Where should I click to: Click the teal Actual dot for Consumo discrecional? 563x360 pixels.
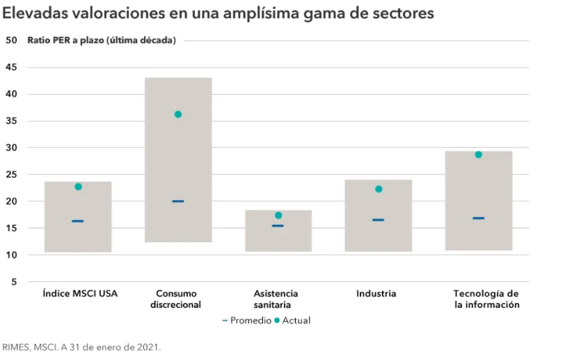tap(177, 114)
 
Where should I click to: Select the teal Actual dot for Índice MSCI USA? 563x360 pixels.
tap(78, 187)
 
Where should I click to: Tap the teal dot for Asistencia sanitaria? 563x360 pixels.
tap(278, 215)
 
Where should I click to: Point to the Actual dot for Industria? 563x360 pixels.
tap(379, 189)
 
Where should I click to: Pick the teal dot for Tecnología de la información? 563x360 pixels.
tap(478, 155)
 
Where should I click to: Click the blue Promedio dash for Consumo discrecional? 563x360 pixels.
tap(178, 201)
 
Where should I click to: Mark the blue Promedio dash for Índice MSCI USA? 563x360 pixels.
tap(78, 221)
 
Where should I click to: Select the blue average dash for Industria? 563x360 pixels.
tap(378, 220)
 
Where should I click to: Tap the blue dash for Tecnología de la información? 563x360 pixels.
tap(478, 218)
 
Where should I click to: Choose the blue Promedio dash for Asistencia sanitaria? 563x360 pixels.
tap(278, 226)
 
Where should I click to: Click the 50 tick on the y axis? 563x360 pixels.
tap(11, 40)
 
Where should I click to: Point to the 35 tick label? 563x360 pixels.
tap(11, 121)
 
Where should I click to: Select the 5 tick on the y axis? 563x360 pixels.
tap(14, 282)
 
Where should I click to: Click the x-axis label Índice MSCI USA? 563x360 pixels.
tap(80, 294)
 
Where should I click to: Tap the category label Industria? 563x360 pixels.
tap(376, 294)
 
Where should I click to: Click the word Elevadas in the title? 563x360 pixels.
tap(33, 13)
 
